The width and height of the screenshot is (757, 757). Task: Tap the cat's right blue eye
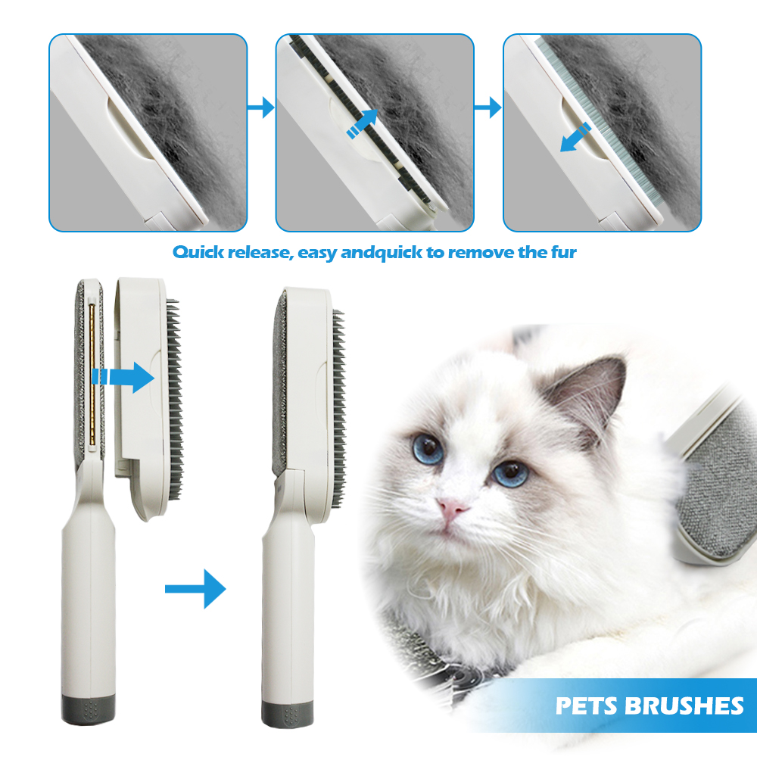tap(510, 473)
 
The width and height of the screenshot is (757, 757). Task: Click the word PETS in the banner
tap(588, 706)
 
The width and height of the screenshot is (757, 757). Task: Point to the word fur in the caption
tap(563, 252)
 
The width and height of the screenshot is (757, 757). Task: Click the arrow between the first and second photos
tap(260, 107)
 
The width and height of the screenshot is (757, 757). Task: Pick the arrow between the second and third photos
tap(488, 107)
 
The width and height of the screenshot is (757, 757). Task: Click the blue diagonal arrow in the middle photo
tap(362, 123)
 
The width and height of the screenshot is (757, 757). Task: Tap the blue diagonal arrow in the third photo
tap(575, 138)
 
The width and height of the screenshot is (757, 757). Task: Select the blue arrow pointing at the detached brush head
tap(123, 376)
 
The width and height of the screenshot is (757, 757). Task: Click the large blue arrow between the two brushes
tap(195, 588)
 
